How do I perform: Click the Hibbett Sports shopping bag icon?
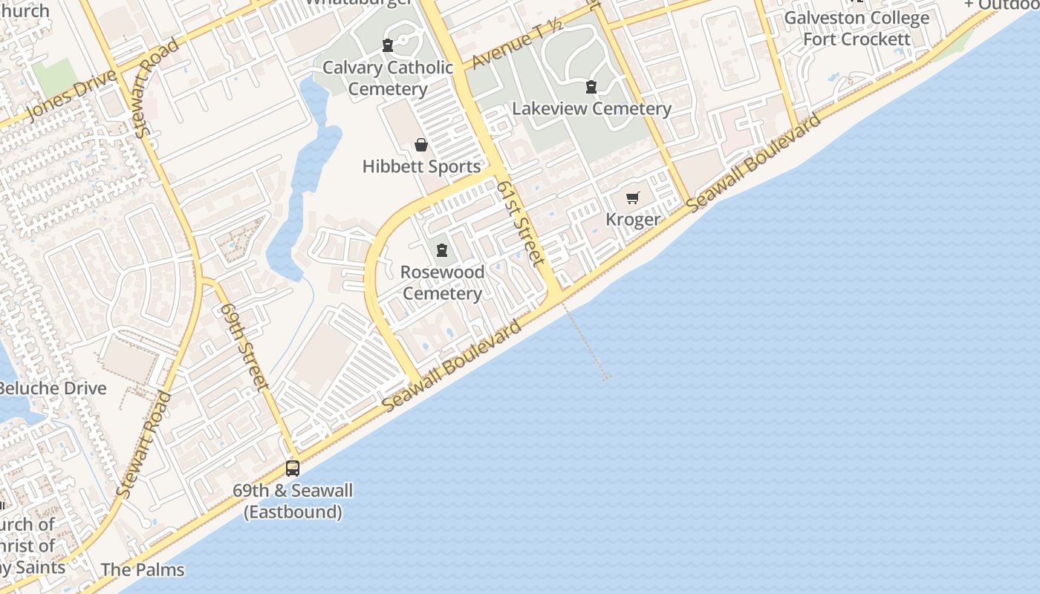(421, 145)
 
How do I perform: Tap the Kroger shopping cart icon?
(632, 198)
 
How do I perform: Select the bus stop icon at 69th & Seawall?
(293, 469)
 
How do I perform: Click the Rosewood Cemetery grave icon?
(442, 250)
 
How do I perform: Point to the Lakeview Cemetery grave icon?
(591, 87)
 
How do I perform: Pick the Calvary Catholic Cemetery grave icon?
(387, 45)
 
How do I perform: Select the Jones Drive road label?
(71, 93)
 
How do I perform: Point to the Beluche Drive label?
(53, 388)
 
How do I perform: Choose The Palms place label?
(142, 569)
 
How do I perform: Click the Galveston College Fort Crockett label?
(857, 28)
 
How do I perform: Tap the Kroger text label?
(633, 220)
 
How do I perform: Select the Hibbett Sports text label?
(422, 166)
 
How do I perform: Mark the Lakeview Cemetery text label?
(592, 108)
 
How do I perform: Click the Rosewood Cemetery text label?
(442, 283)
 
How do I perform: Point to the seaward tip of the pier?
(606, 378)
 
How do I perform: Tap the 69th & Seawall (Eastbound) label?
(293, 501)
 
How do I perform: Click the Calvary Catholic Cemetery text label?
(388, 78)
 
